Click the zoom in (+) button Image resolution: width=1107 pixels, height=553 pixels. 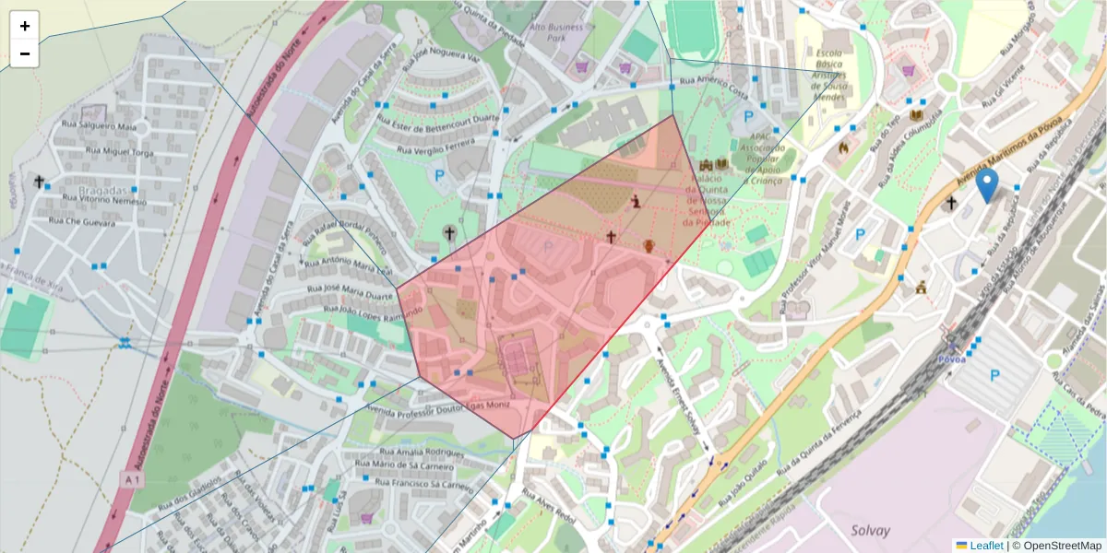pyautogui.click(x=25, y=26)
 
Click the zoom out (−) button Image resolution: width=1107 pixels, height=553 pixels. pyautogui.click(x=25, y=53)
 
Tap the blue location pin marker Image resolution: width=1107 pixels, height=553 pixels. pyautogui.click(x=987, y=185)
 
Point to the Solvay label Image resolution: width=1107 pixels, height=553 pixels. pyautogui.click(x=872, y=531)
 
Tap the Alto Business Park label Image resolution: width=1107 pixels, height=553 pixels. pyautogui.click(x=557, y=33)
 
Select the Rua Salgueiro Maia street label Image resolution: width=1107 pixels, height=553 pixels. pyautogui.click(x=95, y=125)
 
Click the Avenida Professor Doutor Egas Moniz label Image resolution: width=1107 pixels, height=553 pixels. pyautogui.click(x=437, y=410)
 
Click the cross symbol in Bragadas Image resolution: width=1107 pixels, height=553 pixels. pyautogui.click(x=39, y=182)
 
